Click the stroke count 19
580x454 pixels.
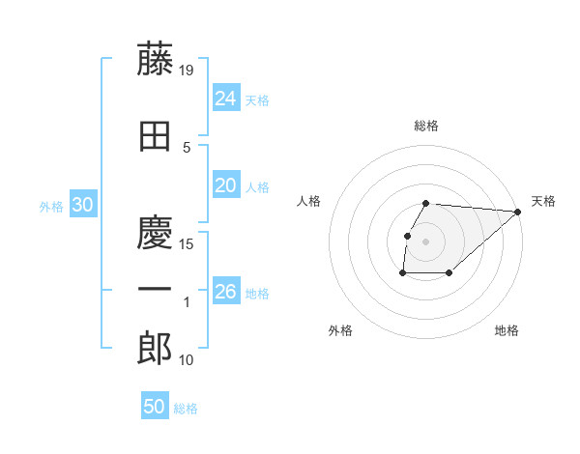tap(188, 71)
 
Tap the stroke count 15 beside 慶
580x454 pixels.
tap(188, 243)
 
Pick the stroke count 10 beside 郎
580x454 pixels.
tap(188, 360)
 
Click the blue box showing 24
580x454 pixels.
tap(226, 99)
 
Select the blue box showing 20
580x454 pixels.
tap(226, 185)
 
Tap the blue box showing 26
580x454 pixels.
tap(226, 292)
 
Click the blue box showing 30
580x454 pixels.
tap(82, 205)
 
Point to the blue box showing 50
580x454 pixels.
tap(155, 407)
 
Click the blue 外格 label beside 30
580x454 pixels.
tap(51, 207)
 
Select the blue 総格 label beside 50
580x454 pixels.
tap(186, 409)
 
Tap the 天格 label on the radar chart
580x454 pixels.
tap(543, 201)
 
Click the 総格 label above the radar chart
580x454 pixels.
tap(426, 126)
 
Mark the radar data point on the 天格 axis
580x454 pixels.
tap(518, 212)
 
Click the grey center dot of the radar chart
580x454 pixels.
tap(426, 241)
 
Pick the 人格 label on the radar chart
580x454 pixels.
tap(309, 201)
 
